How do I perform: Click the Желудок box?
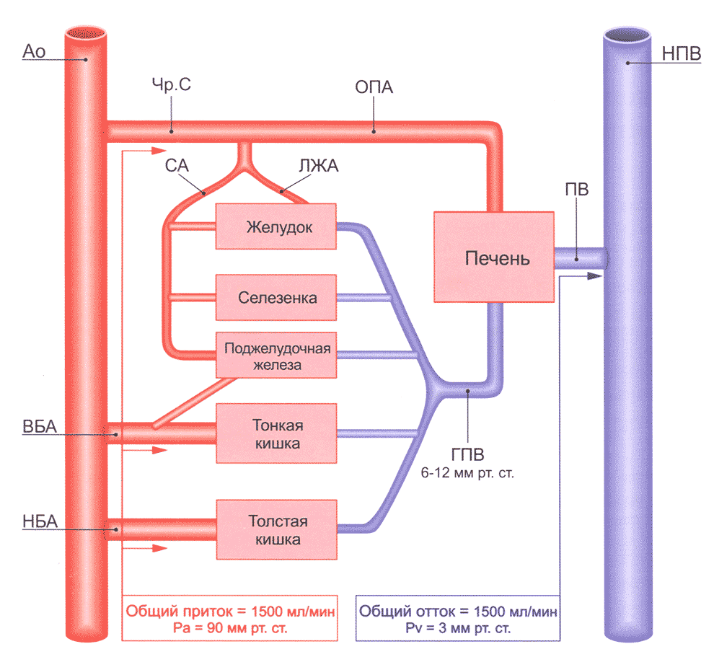pyautogui.click(x=277, y=226)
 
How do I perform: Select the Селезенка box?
pyautogui.click(x=277, y=297)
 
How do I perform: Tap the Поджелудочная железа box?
pyautogui.click(x=277, y=356)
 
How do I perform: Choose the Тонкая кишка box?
pyautogui.click(x=277, y=433)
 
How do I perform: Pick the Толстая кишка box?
pyautogui.click(x=277, y=529)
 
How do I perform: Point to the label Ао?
pyautogui.click(x=35, y=50)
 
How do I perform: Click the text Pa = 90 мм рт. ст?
pyautogui.click(x=229, y=628)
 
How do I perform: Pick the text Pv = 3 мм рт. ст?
pyautogui.click(x=459, y=628)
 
